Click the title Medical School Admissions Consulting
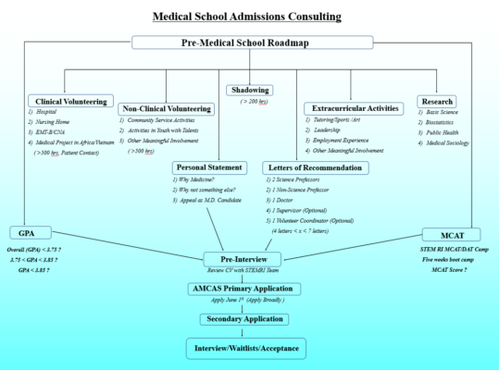click(x=248, y=16)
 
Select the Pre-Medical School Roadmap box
click(x=252, y=43)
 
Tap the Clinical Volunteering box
click(x=69, y=100)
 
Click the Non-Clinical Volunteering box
click(x=167, y=108)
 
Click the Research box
click(x=436, y=100)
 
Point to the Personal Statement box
click(x=209, y=167)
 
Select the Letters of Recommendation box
click(x=315, y=167)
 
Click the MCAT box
click(x=453, y=233)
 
